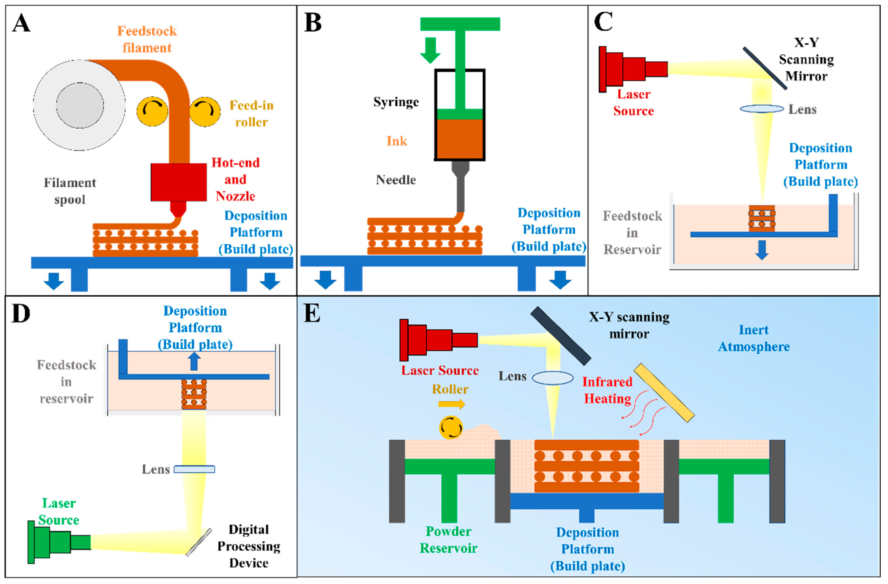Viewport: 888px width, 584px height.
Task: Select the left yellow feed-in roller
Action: click(152, 111)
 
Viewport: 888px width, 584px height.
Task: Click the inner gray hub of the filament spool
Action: click(80, 106)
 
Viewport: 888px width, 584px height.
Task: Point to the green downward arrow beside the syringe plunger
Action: click(430, 50)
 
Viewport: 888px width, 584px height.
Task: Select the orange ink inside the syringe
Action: click(460, 139)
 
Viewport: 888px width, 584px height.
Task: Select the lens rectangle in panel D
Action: click(194, 469)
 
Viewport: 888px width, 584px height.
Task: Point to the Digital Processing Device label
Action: click(249, 546)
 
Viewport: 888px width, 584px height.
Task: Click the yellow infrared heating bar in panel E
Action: click(664, 393)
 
